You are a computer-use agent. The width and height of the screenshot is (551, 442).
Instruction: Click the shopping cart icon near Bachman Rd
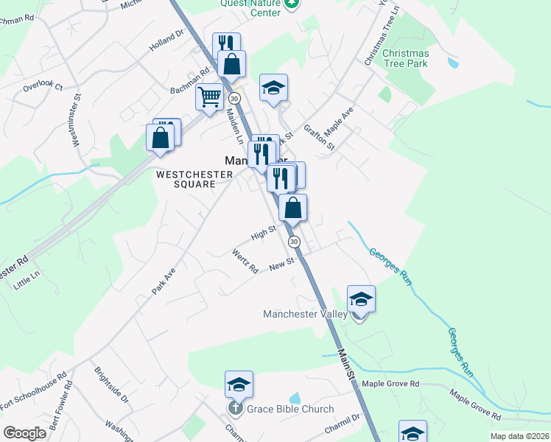[x=210, y=96]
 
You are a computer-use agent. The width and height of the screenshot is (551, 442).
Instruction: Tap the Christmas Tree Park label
[x=405, y=58]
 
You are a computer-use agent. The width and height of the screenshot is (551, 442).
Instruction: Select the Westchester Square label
[x=194, y=179]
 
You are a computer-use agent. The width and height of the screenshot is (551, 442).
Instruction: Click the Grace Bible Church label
[x=290, y=410]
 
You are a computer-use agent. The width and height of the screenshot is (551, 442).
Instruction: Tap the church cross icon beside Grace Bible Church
[x=235, y=409]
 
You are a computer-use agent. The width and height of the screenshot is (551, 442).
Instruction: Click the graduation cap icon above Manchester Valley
[x=361, y=298]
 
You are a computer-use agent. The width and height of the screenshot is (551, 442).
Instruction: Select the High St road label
[x=263, y=233]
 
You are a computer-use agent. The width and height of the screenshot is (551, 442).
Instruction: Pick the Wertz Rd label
[x=245, y=262]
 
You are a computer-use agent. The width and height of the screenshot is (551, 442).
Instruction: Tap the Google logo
[x=24, y=433]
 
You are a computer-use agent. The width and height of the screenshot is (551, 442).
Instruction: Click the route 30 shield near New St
[x=295, y=242]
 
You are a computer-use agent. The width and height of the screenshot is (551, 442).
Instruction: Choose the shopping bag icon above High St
[x=293, y=207]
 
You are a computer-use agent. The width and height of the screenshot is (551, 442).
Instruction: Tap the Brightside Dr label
[x=111, y=387]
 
